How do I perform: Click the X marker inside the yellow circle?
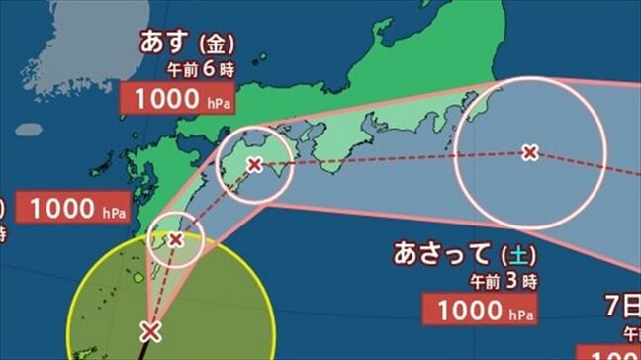pos(150,330)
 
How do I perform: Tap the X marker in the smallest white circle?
pos(176,239)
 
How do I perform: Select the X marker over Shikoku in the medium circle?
pos(254,165)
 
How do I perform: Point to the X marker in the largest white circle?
pos(529,152)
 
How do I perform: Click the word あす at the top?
pos(166,44)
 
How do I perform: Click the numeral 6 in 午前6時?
pos(213,70)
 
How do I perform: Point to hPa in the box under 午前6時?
pos(217,102)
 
